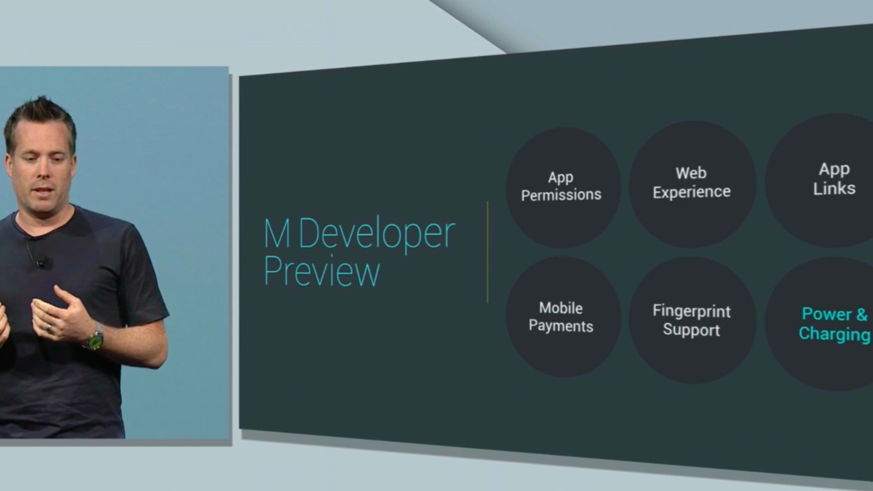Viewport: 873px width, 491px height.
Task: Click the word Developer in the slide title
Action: coord(377,234)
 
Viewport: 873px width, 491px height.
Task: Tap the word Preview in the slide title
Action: coord(321,271)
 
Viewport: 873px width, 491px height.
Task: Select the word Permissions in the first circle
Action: coord(561,195)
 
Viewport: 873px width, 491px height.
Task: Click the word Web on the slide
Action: coord(691,173)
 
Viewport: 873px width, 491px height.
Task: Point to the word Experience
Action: coord(692,192)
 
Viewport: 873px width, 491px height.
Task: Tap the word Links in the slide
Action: coord(834,188)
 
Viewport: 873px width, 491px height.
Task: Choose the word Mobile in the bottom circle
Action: coord(561,308)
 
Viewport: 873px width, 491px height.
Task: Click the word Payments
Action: coord(561,326)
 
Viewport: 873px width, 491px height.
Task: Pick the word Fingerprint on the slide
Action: coord(692,311)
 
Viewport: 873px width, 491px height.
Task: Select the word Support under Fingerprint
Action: coord(691,330)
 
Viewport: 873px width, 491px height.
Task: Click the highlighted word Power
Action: coord(826,314)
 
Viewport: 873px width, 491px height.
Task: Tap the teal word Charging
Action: coord(834,334)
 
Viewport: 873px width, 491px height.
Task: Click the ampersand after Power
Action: coord(862,314)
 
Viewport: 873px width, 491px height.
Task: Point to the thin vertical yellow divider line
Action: coord(487,252)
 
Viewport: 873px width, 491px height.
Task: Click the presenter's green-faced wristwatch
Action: coord(95,339)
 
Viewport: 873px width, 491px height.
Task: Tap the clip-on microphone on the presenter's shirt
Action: coord(41,261)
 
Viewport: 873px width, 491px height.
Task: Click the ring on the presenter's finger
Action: coord(49,327)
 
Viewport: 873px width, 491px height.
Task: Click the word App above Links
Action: coord(834,169)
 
